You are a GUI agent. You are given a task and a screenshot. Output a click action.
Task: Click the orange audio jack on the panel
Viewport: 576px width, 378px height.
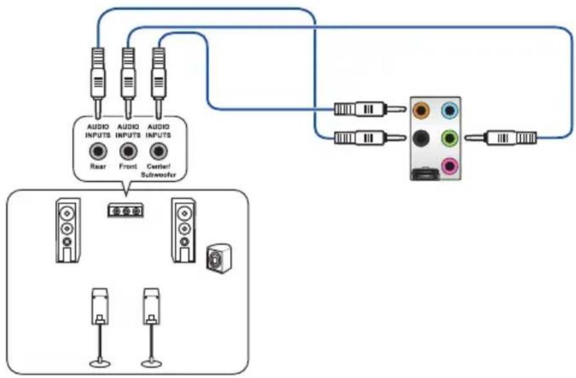pos(421,110)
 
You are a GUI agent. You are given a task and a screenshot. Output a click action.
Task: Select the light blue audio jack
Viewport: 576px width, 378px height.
pos(450,110)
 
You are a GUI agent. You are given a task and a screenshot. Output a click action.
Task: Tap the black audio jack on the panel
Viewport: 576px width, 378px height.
pos(421,138)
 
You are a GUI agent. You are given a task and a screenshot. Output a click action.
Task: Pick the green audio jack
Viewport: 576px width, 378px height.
pos(450,138)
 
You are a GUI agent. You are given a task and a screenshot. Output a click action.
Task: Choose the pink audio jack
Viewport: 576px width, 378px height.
pos(450,166)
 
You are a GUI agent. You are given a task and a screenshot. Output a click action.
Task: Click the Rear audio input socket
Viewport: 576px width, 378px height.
pos(98,151)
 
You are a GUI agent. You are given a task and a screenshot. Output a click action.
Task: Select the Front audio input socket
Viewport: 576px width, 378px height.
pos(128,151)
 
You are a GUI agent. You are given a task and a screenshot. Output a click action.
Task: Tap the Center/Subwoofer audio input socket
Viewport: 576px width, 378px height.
pos(158,151)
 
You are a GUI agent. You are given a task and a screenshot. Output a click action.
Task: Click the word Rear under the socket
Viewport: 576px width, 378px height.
pos(98,167)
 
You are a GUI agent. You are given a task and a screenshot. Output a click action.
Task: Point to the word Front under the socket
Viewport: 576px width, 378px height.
pos(128,167)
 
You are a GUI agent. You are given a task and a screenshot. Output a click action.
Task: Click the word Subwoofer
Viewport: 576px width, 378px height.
pos(158,175)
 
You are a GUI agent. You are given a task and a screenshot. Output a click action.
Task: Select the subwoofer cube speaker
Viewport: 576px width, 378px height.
pos(219,258)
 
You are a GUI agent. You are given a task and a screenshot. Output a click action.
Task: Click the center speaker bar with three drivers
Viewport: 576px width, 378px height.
pos(126,211)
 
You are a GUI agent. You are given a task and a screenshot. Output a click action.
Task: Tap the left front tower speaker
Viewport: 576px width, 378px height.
pos(68,231)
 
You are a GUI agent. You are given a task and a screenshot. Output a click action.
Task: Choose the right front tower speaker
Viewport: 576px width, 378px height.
pos(184,231)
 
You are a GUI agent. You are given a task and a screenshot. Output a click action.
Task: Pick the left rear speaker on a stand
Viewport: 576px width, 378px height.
pos(99,327)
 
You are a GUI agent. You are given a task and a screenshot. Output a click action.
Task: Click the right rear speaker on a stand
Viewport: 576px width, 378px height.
pos(151,327)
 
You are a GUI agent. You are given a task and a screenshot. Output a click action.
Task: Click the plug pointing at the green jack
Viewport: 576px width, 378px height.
pos(500,138)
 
